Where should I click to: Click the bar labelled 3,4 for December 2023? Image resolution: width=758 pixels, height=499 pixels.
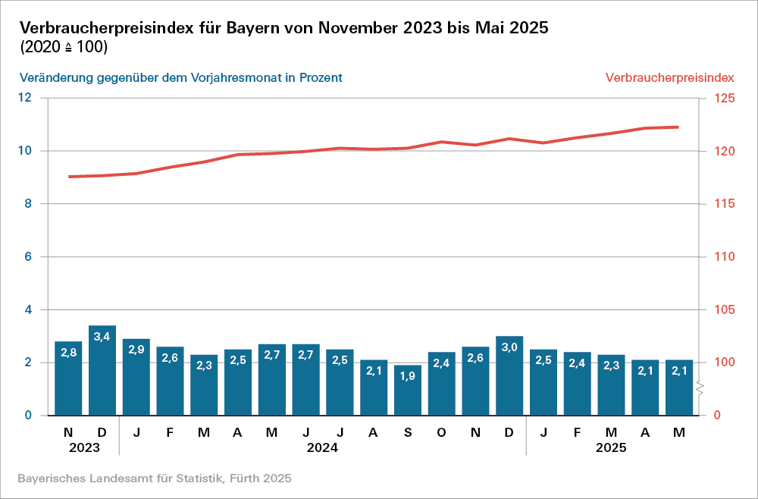click(102, 370)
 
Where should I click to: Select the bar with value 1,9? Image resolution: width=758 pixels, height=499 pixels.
click(408, 390)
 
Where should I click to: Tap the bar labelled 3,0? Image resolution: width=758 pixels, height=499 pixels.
click(509, 375)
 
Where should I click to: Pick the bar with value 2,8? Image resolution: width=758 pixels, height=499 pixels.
click(68, 378)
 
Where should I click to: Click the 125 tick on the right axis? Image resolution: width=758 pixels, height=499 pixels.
click(720, 98)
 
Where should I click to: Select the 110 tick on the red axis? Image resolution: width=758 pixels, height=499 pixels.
click(720, 257)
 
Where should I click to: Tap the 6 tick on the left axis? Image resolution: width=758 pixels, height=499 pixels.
click(28, 257)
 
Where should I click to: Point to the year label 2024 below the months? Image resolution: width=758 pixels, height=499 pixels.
click(322, 448)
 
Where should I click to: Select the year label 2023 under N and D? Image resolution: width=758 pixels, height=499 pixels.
click(84, 448)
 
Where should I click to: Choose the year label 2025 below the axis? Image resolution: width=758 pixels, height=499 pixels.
click(610, 448)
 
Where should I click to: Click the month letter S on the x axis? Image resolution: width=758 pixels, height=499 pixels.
click(408, 432)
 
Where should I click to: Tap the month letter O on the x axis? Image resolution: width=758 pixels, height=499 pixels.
click(442, 432)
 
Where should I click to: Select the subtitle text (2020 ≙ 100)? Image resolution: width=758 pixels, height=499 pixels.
click(64, 47)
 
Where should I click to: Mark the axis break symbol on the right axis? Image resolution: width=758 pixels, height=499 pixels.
click(701, 389)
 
